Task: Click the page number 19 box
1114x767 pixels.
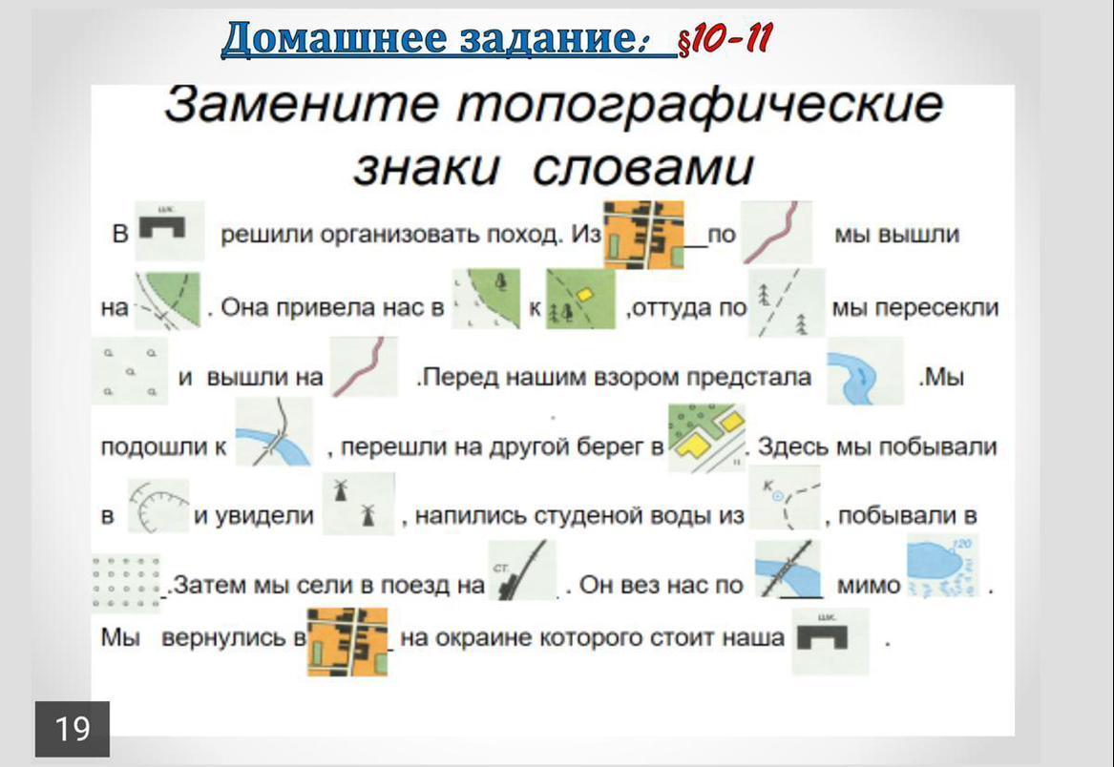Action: (x=73, y=729)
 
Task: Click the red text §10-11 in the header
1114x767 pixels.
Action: (x=725, y=40)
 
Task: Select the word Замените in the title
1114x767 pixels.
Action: (x=302, y=105)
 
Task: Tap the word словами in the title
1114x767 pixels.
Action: (x=642, y=168)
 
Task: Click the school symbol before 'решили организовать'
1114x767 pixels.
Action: (x=169, y=231)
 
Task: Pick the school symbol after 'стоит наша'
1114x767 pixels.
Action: (x=830, y=640)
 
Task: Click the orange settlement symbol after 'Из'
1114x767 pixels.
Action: (x=643, y=235)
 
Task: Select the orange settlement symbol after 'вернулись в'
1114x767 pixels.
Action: (x=348, y=641)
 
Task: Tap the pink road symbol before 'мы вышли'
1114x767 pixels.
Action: (x=776, y=232)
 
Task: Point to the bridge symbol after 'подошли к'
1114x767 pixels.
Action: (x=274, y=432)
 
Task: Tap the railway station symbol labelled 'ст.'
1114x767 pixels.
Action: (x=522, y=570)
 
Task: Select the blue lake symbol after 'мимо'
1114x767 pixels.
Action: (x=943, y=567)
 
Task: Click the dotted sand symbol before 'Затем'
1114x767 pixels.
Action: (x=126, y=582)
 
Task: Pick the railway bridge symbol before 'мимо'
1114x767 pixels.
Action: (x=788, y=569)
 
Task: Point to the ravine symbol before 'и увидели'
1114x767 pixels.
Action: (x=158, y=506)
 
